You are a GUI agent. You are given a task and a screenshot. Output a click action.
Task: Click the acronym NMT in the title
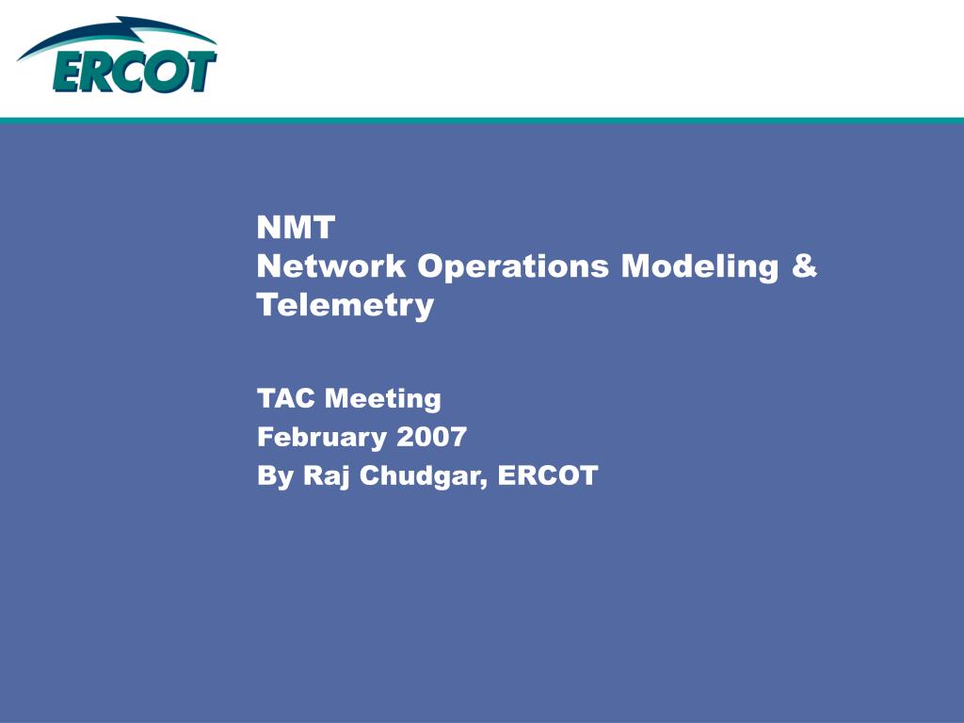pyautogui.click(x=296, y=228)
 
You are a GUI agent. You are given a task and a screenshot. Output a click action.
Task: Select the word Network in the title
pyautogui.click(x=331, y=266)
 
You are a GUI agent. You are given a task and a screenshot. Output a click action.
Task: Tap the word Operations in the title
pyautogui.click(x=513, y=267)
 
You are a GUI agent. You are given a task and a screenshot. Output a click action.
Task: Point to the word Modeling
pyautogui.click(x=699, y=267)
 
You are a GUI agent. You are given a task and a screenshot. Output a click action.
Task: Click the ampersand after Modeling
pyautogui.click(x=804, y=265)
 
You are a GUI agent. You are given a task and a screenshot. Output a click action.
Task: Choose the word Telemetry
pyautogui.click(x=345, y=306)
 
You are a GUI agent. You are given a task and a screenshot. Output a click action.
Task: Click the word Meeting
pyautogui.click(x=383, y=399)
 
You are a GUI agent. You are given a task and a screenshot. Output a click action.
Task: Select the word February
pyautogui.click(x=321, y=438)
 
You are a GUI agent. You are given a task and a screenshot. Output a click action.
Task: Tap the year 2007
pyautogui.click(x=431, y=437)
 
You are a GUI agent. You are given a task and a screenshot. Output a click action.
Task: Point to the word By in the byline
pyautogui.click(x=275, y=476)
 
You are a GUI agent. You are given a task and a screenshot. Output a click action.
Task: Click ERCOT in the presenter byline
pyautogui.click(x=548, y=475)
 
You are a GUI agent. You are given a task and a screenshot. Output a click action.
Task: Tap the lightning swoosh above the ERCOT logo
pyautogui.click(x=117, y=36)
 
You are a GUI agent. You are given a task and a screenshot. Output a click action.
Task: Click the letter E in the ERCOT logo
pyautogui.click(x=70, y=72)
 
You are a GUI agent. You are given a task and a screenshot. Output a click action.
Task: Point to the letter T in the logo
pyautogui.click(x=201, y=72)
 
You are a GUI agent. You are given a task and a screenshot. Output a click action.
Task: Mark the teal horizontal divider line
pyautogui.click(x=482, y=120)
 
